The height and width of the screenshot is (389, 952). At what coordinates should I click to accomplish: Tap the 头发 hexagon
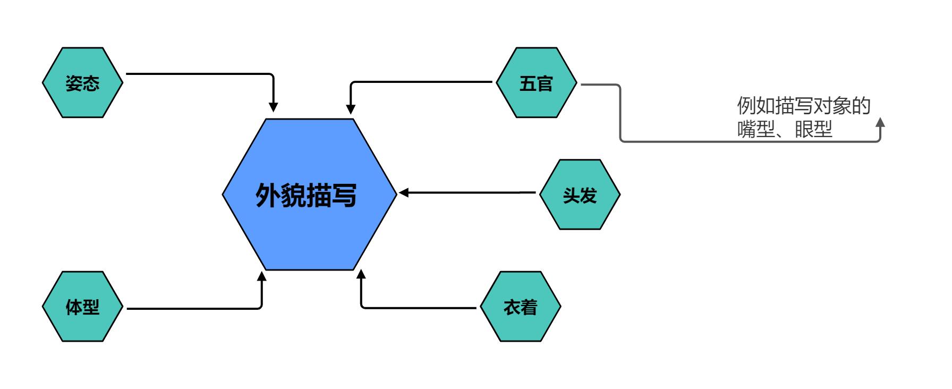point(580,194)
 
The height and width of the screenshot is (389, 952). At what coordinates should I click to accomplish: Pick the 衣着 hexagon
point(520,307)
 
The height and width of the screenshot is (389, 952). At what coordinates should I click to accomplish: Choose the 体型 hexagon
point(82,307)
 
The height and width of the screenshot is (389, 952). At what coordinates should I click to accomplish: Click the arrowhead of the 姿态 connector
point(273,106)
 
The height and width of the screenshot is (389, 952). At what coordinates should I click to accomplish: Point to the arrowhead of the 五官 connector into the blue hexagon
point(351,107)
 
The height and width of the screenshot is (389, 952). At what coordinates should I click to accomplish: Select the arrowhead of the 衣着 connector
point(361,276)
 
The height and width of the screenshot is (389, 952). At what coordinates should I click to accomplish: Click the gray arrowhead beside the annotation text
point(880,123)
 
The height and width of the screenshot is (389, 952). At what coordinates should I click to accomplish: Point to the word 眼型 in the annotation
point(813,130)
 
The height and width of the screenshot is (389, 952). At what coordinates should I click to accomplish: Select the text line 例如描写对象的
point(803,106)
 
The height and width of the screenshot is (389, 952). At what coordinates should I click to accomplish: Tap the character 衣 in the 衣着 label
point(512,307)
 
